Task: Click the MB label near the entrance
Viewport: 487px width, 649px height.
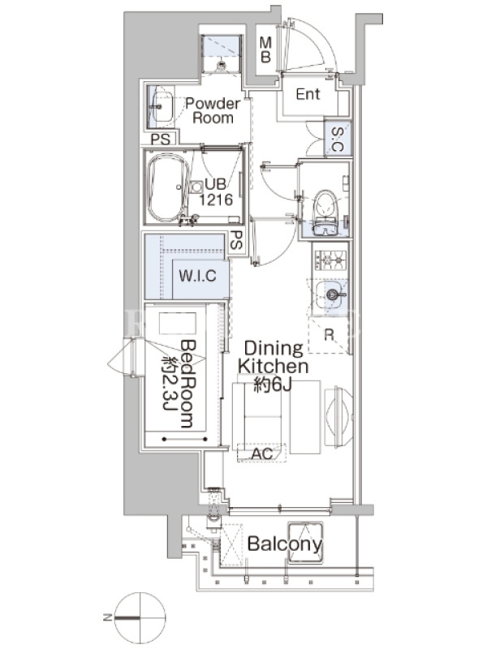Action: click(265, 49)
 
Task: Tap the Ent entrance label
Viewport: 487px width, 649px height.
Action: click(308, 94)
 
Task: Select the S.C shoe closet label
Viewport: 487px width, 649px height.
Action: click(338, 139)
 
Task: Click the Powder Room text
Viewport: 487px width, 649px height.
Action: click(213, 110)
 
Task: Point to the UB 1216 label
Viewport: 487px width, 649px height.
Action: click(216, 192)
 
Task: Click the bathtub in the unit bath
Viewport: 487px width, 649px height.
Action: click(169, 187)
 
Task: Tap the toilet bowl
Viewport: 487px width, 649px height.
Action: click(325, 204)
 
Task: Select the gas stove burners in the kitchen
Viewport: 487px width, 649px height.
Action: click(330, 260)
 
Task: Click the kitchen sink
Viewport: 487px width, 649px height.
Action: click(330, 294)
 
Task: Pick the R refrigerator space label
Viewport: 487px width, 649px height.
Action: click(329, 335)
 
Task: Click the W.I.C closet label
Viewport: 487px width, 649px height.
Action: click(197, 276)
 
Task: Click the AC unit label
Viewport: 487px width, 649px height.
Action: click(261, 453)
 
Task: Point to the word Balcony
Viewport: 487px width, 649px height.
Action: click(285, 544)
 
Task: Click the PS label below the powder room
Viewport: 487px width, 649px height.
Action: click(160, 139)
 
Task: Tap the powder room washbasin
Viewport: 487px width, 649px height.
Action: click(161, 106)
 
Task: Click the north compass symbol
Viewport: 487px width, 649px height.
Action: click(140, 618)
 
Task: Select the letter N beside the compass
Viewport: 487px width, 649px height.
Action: click(107, 617)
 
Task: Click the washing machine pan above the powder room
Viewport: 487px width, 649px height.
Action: click(221, 54)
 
